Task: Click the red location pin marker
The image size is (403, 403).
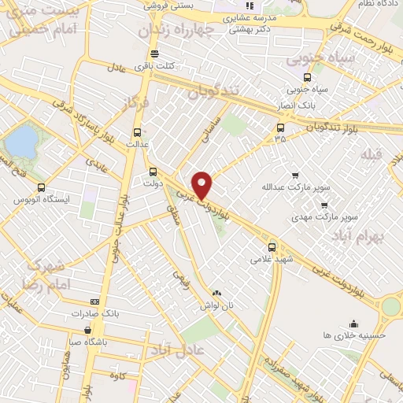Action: pos(202,184)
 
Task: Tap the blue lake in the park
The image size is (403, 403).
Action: pos(22,142)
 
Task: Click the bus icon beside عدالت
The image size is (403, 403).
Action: pos(139,132)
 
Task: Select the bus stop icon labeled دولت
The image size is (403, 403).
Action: pos(153,170)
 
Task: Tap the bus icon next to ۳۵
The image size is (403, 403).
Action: pos(281,127)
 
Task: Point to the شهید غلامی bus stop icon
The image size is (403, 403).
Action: pos(272,246)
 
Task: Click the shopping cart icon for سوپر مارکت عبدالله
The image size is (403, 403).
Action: pos(295,176)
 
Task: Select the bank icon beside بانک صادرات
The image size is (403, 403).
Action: pos(95,301)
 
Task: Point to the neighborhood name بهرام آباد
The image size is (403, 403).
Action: pos(362,235)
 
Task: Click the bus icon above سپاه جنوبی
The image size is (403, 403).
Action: pos(306,77)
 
